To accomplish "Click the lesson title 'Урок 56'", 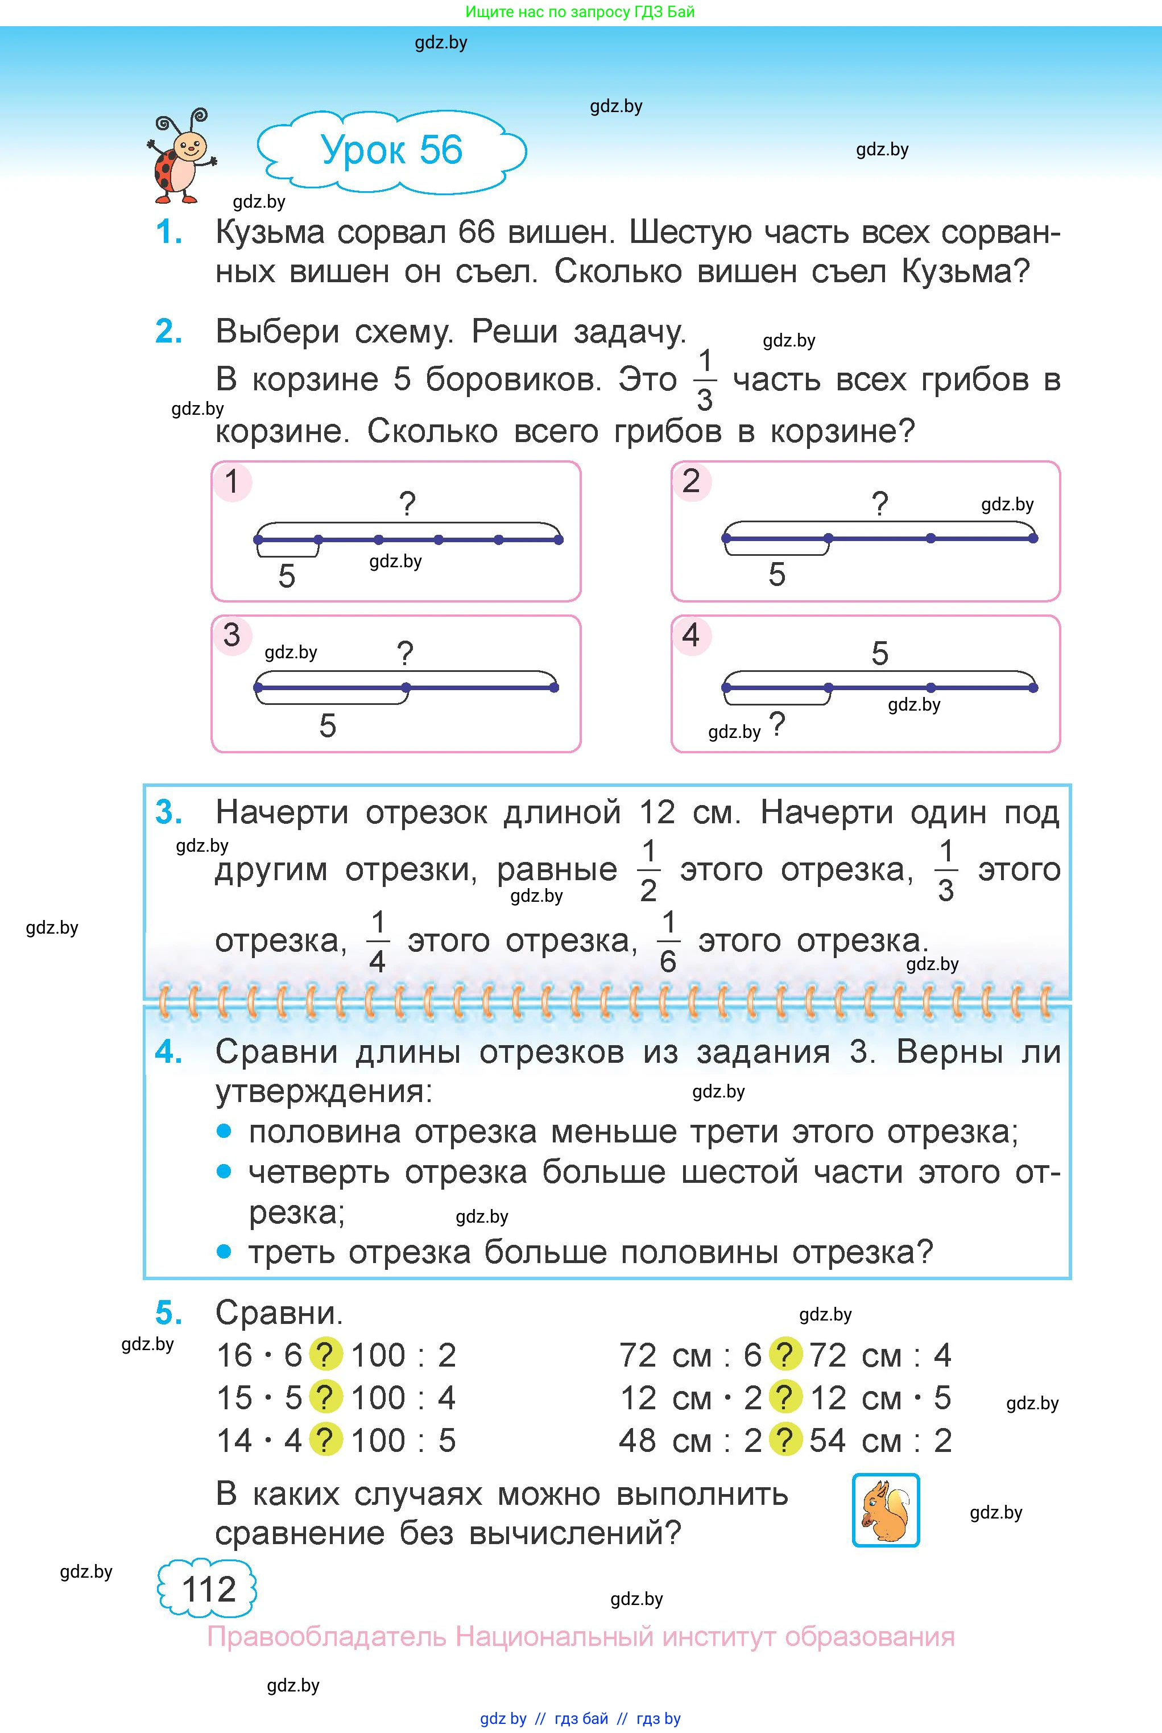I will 391,150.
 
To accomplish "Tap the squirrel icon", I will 886,1510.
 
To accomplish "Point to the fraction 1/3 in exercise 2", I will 705,380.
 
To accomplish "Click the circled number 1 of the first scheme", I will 233,482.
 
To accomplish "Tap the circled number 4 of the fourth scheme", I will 690,636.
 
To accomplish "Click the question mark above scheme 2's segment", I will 880,504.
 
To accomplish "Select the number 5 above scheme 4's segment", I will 880,654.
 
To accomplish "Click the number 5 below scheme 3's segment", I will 328,725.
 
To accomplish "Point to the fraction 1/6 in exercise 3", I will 668,942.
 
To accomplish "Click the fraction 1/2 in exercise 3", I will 648,871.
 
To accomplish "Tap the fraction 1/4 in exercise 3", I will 377,942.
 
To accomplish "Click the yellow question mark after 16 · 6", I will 325,1355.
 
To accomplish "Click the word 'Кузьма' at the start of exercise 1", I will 270,233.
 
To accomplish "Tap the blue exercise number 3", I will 169,812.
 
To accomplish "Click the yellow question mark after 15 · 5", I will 325,1398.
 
